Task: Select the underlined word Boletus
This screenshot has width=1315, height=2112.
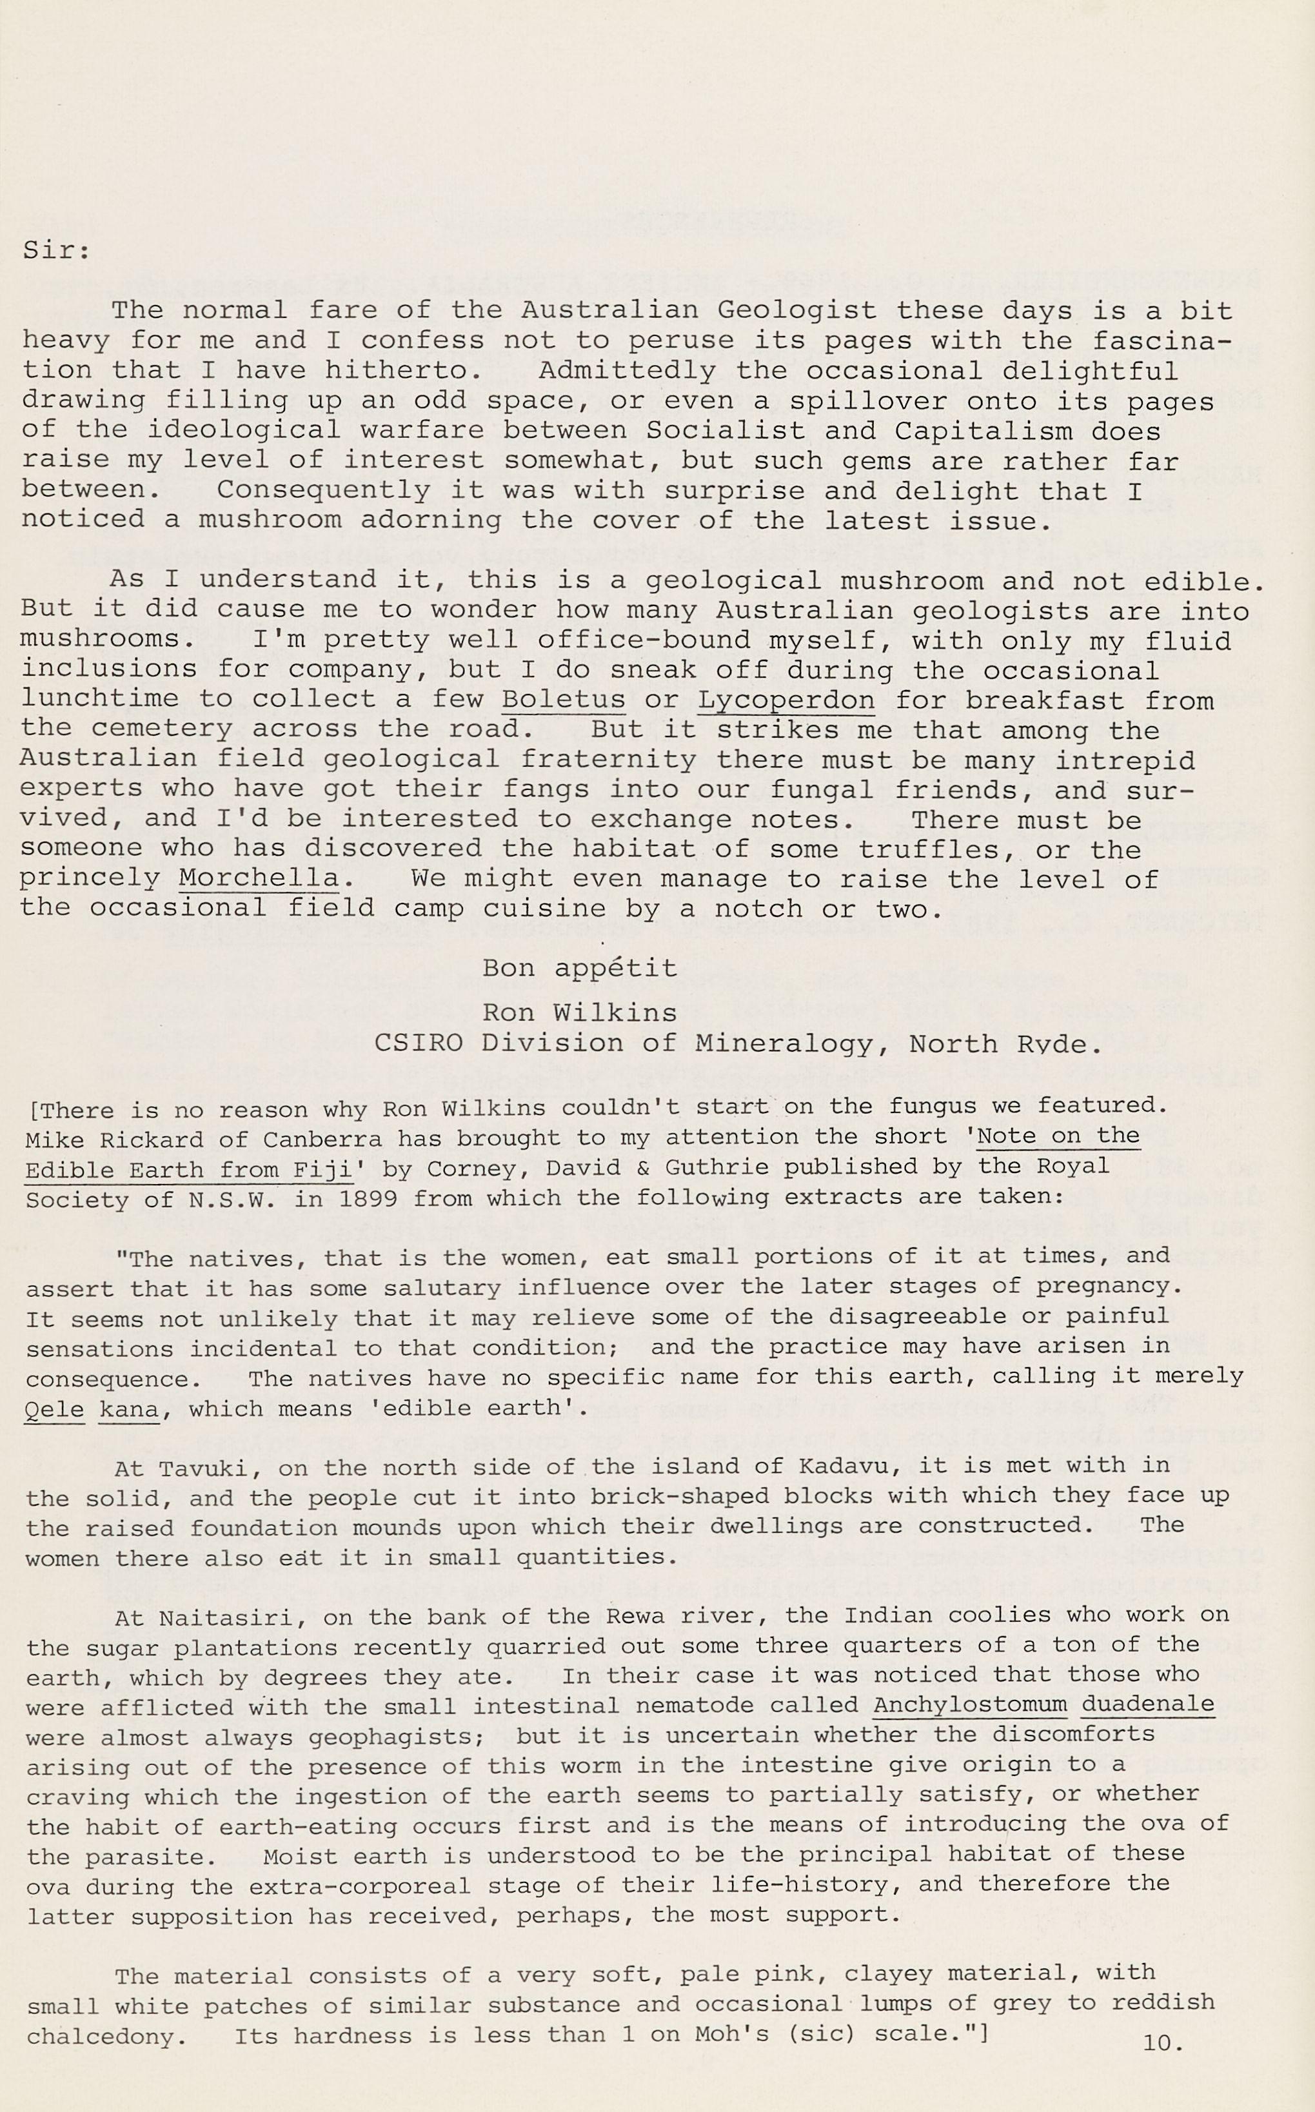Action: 564,700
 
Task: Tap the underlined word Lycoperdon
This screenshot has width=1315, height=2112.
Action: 786,700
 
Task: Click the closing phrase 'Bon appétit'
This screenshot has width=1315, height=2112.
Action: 579,968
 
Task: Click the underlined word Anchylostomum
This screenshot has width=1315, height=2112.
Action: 970,1704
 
